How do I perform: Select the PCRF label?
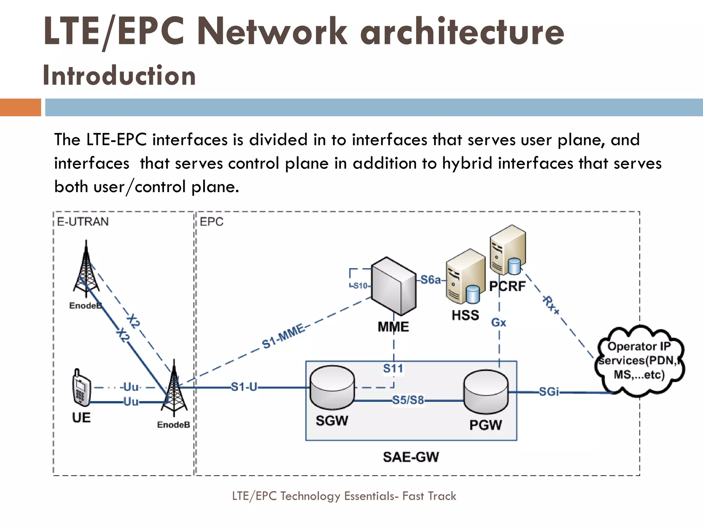point(507,286)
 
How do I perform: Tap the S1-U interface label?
point(244,387)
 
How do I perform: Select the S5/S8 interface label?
point(408,400)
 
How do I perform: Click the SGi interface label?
point(549,392)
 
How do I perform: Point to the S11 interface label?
point(393,369)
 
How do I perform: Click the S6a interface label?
point(430,280)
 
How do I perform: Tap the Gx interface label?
point(498,323)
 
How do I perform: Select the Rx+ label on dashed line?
point(550,305)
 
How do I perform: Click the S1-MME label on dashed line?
point(283,336)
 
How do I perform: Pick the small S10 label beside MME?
point(360,286)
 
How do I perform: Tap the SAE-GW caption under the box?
point(411,457)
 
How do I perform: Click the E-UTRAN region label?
point(83,222)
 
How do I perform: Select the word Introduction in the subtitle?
point(119,76)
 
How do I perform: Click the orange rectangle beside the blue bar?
point(20,107)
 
